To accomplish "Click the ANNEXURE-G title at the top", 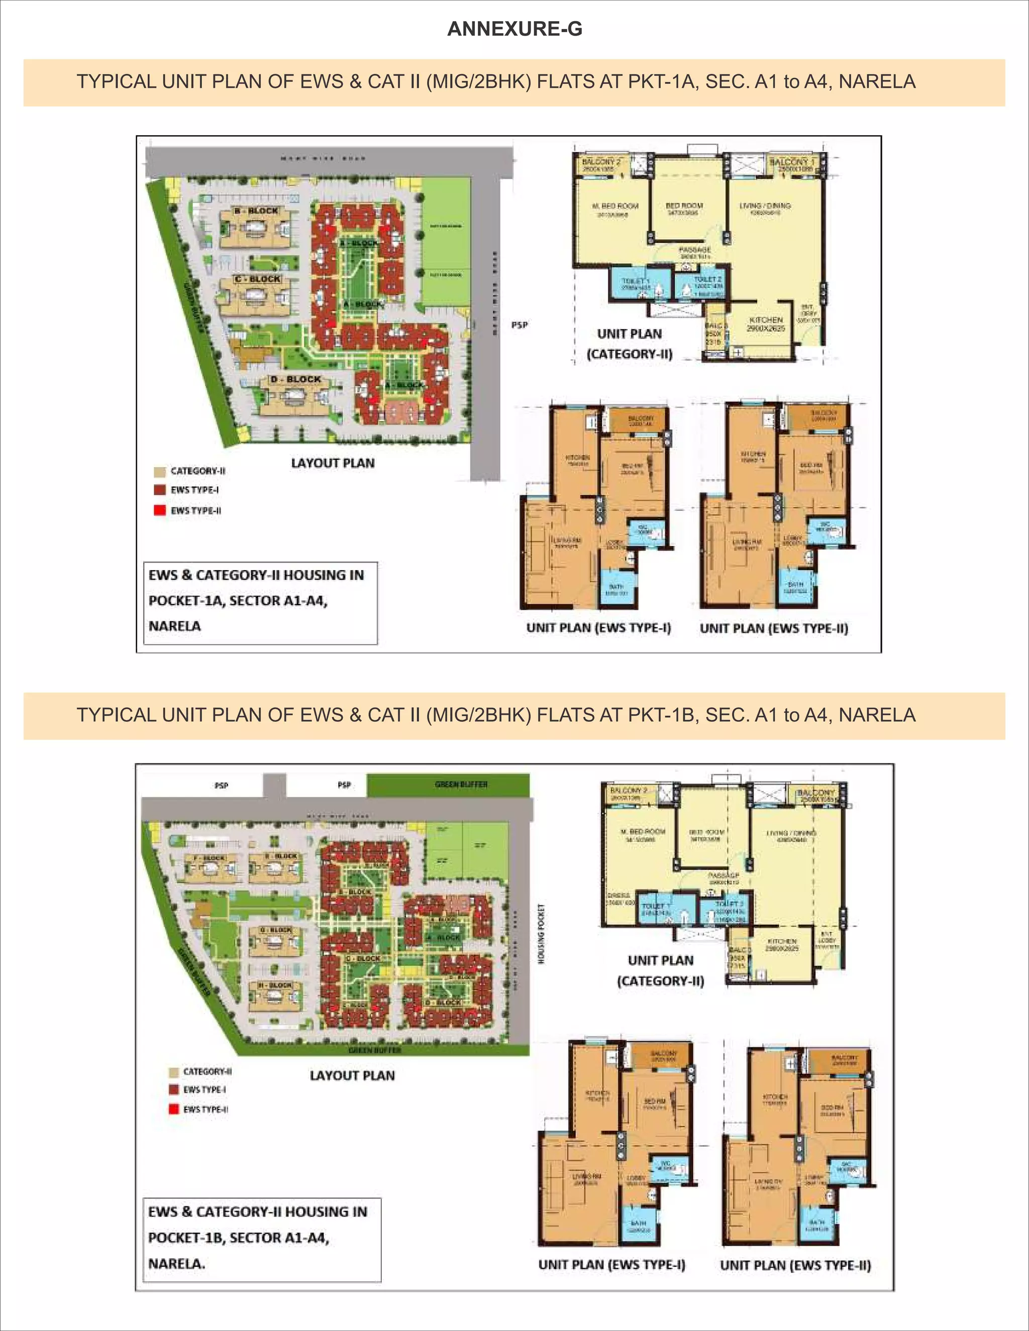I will (x=514, y=29).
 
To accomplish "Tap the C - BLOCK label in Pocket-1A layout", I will (x=257, y=279).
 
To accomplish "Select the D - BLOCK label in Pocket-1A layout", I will (x=295, y=379).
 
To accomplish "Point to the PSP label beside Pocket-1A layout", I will (x=520, y=325).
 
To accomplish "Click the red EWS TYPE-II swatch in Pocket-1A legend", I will (x=160, y=510).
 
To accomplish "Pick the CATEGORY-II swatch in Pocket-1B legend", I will (x=174, y=1072).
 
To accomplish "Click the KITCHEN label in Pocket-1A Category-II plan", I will (x=766, y=320).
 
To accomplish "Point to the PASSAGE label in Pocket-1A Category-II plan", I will (x=694, y=250).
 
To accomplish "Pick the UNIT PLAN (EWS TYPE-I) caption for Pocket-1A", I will (x=598, y=628).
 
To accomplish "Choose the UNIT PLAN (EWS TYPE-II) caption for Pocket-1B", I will (x=795, y=1265).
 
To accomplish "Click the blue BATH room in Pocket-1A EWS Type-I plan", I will (x=615, y=588).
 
